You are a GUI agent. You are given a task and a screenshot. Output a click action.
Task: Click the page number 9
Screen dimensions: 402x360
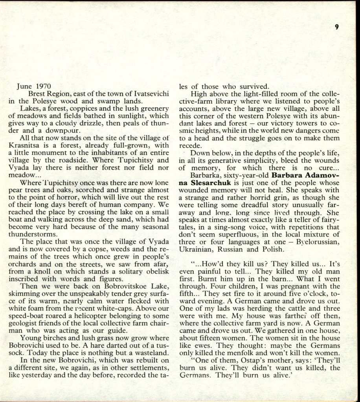pos(337,27)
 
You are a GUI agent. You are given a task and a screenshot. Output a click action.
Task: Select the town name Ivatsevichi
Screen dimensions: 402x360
pos(151,94)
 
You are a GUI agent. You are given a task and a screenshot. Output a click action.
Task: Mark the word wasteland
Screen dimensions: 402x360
pos(150,353)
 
